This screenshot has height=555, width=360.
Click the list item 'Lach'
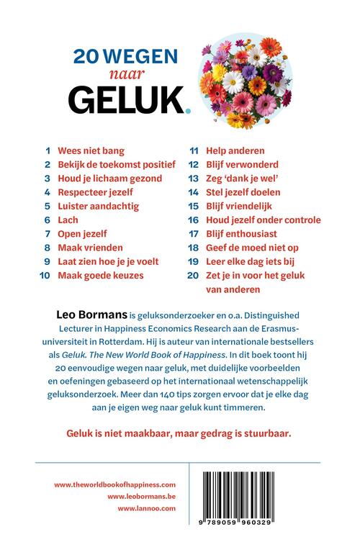click(68, 220)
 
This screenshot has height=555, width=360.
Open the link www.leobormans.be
click(141, 497)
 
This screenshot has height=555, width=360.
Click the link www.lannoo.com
click(148, 510)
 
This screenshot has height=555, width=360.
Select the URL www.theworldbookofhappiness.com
click(114, 484)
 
